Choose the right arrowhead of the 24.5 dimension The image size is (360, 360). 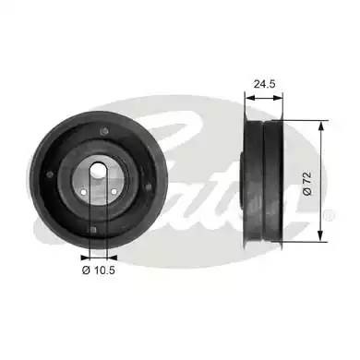click(x=283, y=92)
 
